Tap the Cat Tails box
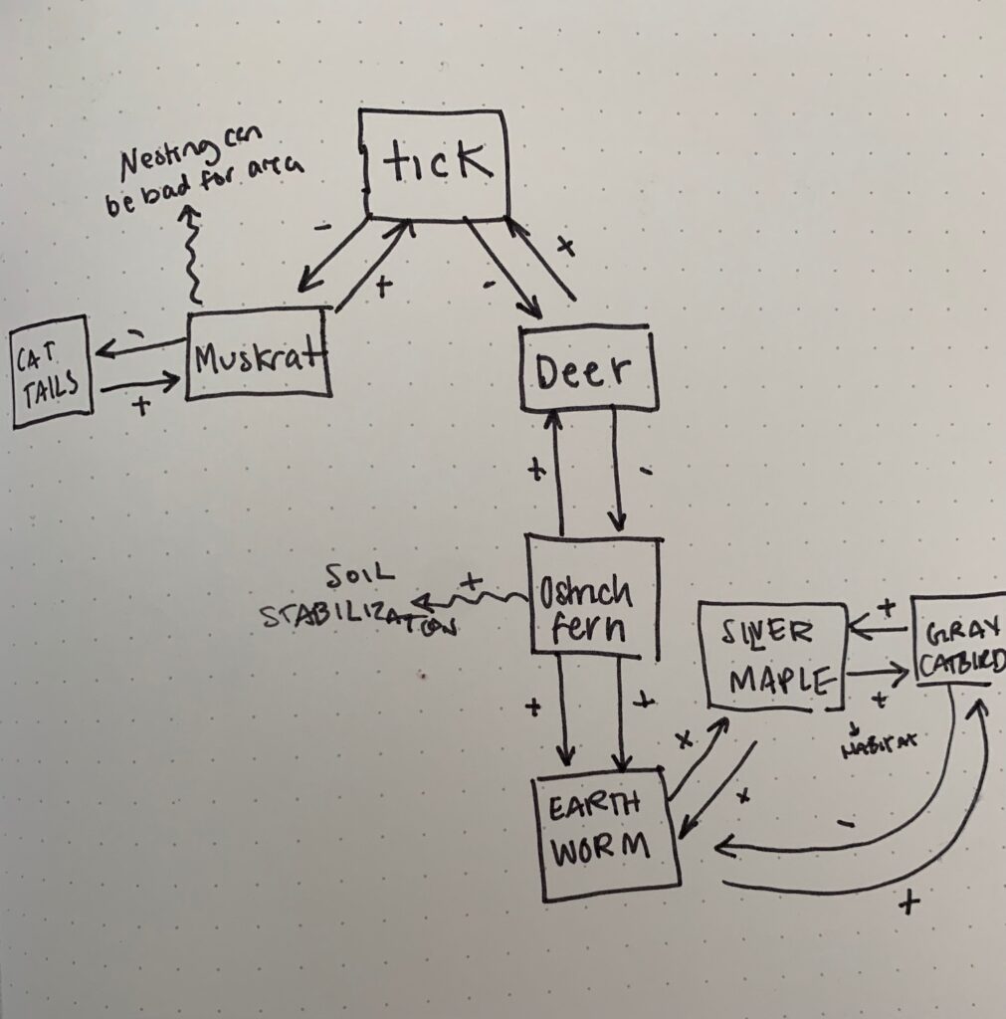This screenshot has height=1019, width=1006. (x=52, y=377)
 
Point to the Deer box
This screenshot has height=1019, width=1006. (x=589, y=371)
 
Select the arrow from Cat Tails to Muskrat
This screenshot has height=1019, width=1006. (x=141, y=381)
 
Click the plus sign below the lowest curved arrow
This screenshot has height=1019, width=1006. (x=907, y=904)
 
